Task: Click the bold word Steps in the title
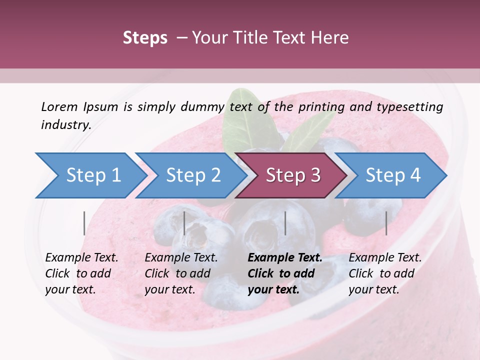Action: [145, 38]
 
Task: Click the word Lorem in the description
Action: [59, 106]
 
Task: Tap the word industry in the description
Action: [66, 124]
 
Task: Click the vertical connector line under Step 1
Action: [84, 223]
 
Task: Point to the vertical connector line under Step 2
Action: [184, 223]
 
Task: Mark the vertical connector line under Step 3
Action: [285, 223]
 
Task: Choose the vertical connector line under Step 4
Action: [386, 223]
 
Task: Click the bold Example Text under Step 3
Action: [285, 258]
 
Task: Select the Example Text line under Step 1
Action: [81, 258]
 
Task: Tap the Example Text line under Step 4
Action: [385, 258]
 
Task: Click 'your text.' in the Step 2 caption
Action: [170, 289]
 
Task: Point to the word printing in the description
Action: [320, 106]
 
